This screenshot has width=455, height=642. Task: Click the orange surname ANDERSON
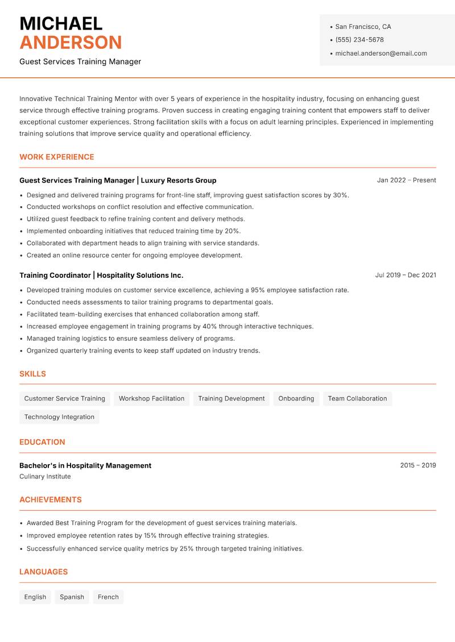pos(71,43)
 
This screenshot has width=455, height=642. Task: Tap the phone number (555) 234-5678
pos(359,40)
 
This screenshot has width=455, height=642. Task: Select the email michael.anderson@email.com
pos(380,53)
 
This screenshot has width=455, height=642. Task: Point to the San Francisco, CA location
pos(363,27)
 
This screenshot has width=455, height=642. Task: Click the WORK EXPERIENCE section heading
pos(57,157)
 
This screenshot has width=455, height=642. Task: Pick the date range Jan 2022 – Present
pos(406,180)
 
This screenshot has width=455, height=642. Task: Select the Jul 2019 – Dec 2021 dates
pos(406,275)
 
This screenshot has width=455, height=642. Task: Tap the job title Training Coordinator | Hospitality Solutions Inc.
pos(101,275)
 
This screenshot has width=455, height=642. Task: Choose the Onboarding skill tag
pos(296,398)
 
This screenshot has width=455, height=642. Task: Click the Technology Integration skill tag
pos(59,416)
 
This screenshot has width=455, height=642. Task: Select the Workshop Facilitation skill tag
pos(151,398)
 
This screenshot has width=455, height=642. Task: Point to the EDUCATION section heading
pos(42,442)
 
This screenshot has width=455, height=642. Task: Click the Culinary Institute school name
pos(45,476)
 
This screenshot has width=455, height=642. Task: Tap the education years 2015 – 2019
pos(417,465)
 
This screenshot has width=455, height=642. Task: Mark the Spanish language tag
pos(72,597)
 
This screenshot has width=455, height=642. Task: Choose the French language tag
pos(108,597)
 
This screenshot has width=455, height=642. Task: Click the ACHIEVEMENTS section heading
pos(51,500)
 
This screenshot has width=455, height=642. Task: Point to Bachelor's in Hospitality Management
pos(85,465)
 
